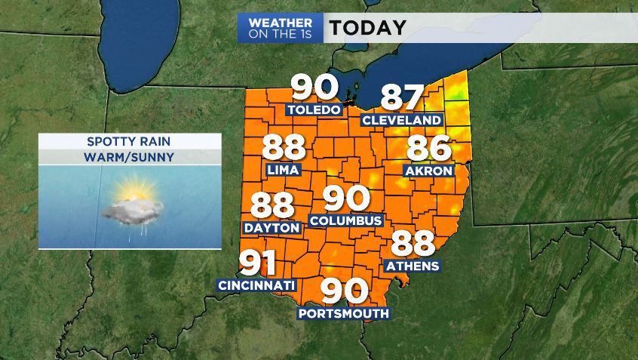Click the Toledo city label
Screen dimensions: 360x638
[x=313, y=110]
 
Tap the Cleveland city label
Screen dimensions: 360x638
[x=401, y=121]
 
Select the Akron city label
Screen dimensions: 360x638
[x=428, y=171]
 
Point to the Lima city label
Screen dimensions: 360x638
[x=284, y=170]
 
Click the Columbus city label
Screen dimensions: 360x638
[x=346, y=221]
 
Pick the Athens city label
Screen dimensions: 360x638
[x=412, y=266]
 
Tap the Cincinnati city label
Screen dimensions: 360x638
[x=256, y=285]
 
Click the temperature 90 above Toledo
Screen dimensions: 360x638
[x=314, y=88]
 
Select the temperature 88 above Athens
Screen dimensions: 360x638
[x=413, y=244]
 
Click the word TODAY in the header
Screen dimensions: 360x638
[x=367, y=28]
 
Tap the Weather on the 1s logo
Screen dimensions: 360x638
[x=281, y=28]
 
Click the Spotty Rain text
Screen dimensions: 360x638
[x=130, y=142]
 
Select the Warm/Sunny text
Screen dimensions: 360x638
[x=130, y=158]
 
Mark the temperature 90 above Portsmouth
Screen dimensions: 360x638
[x=345, y=291]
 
